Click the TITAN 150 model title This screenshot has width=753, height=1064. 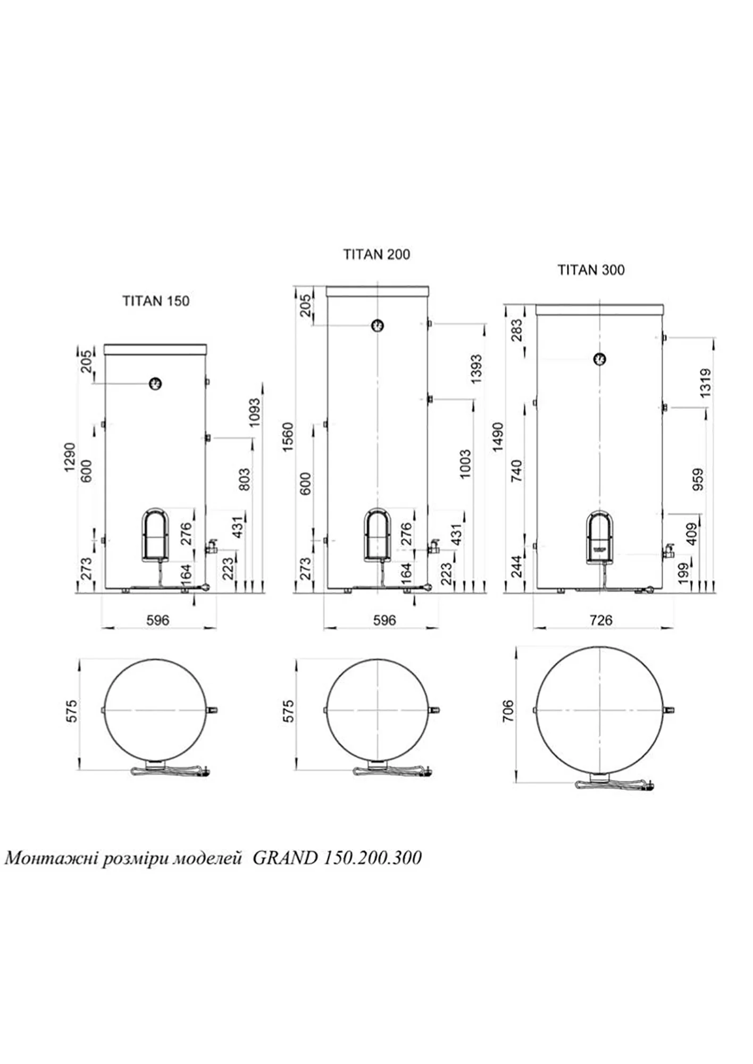click(156, 301)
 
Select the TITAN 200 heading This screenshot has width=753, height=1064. click(376, 254)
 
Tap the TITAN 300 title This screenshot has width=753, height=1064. click(591, 270)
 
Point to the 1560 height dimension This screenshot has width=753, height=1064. click(288, 437)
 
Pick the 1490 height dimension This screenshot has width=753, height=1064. click(497, 437)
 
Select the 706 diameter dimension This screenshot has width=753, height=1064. click(508, 711)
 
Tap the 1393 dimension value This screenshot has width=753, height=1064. click(476, 369)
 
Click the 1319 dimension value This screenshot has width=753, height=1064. click(705, 383)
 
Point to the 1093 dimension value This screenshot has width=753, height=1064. click(255, 412)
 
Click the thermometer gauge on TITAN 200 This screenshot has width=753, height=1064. click(377, 325)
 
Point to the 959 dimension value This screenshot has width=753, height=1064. click(699, 479)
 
